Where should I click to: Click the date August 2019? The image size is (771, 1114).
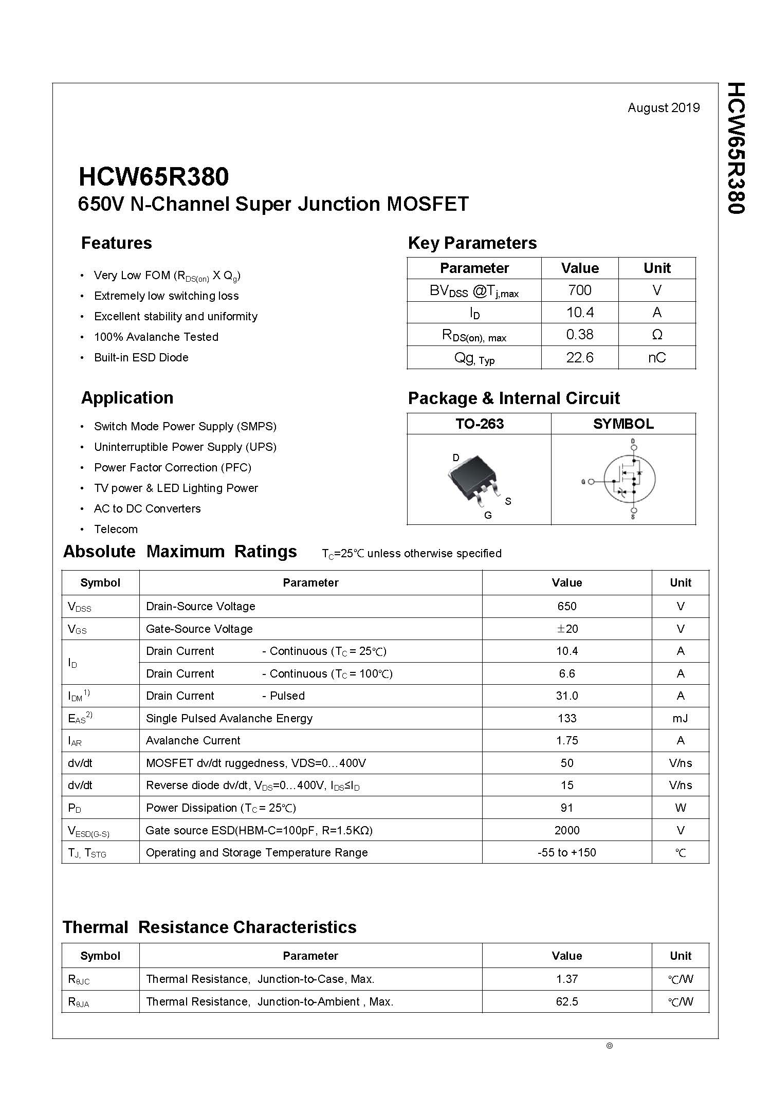pos(663,107)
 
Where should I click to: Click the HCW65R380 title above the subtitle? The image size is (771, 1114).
pos(154,177)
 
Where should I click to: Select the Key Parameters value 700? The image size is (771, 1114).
pos(579,290)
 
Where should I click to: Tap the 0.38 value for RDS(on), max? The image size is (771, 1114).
pos(579,335)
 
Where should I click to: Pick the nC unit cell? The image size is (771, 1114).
pos(656,357)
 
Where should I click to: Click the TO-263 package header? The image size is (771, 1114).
pos(479,424)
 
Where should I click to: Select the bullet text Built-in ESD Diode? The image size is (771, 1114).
pos(141,357)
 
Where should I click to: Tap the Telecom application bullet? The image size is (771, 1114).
pos(116,529)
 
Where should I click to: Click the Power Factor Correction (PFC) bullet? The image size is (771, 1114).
pos(172,467)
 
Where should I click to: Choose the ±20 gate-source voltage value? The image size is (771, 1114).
pos(566,629)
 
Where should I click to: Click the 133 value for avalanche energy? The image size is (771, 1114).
pos(566,718)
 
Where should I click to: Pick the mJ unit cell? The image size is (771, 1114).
pos(680,718)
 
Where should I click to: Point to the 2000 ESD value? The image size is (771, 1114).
pos(566,830)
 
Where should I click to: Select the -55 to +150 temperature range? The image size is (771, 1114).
pos(566,852)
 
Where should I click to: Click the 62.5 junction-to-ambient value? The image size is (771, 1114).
pos(566,1001)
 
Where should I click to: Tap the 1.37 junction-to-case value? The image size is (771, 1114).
pos(566,979)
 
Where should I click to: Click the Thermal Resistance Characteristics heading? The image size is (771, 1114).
pos(209,927)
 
